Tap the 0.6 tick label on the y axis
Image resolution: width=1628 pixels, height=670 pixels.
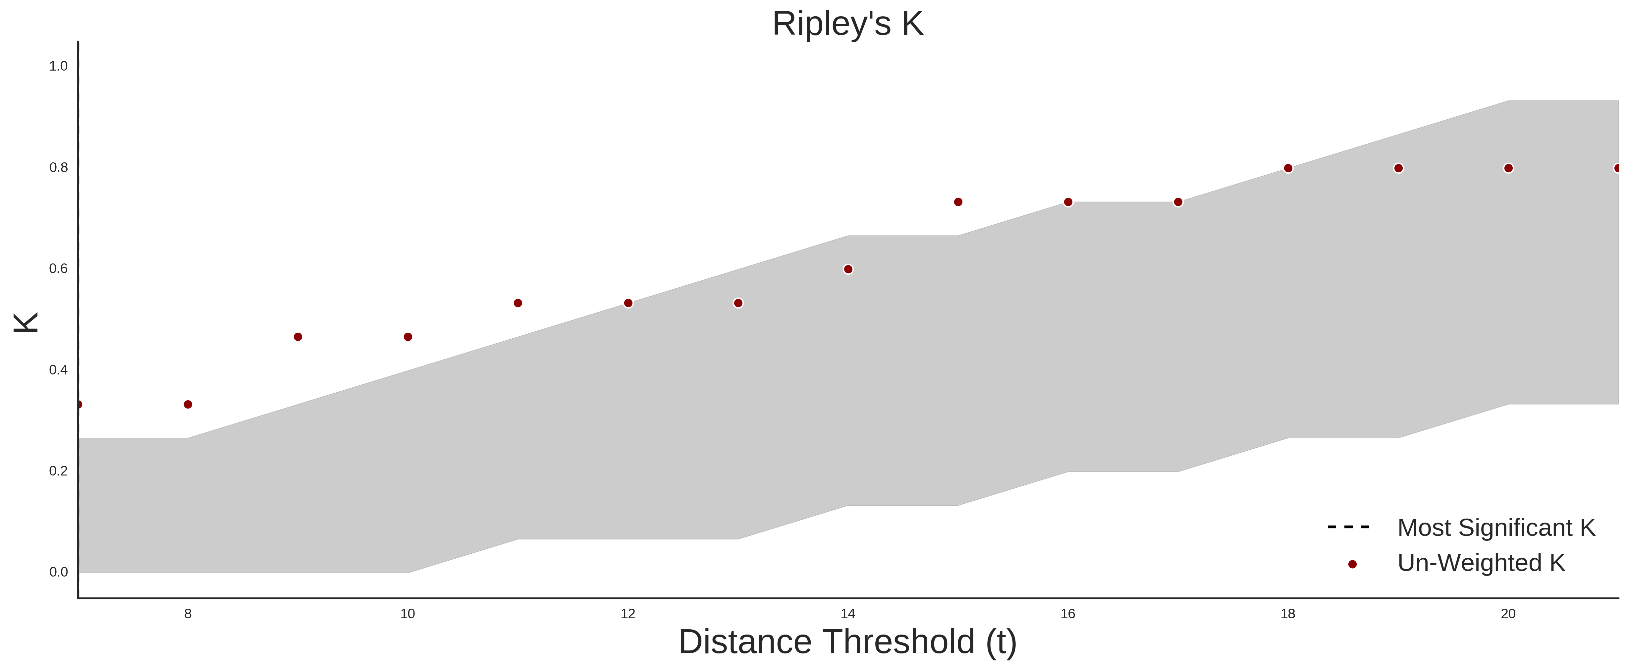coord(59,269)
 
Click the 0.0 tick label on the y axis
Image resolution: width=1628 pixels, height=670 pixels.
coord(59,572)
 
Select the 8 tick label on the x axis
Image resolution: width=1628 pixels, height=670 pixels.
coord(188,614)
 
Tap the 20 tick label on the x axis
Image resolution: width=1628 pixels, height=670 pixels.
coord(1508,614)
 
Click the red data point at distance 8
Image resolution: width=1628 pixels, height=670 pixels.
coord(188,405)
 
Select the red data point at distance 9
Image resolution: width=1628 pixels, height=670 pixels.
coord(298,337)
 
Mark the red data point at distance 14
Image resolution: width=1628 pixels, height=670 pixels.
coord(848,269)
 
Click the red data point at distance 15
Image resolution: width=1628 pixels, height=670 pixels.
coord(958,202)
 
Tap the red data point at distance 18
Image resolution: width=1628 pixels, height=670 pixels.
coord(1288,168)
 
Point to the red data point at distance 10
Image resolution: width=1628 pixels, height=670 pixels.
coord(407,337)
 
